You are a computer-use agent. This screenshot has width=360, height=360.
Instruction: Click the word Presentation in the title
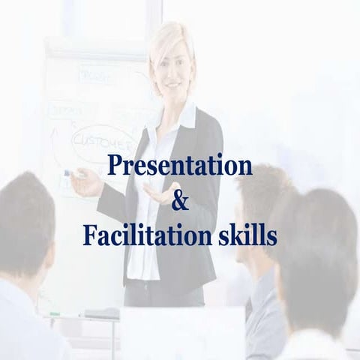179,166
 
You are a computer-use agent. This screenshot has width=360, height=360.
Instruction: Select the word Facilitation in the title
142,235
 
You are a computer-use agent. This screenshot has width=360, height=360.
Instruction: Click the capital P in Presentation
114,166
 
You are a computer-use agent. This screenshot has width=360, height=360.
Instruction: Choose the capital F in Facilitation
88,235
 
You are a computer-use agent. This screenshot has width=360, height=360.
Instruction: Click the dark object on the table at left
101,313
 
